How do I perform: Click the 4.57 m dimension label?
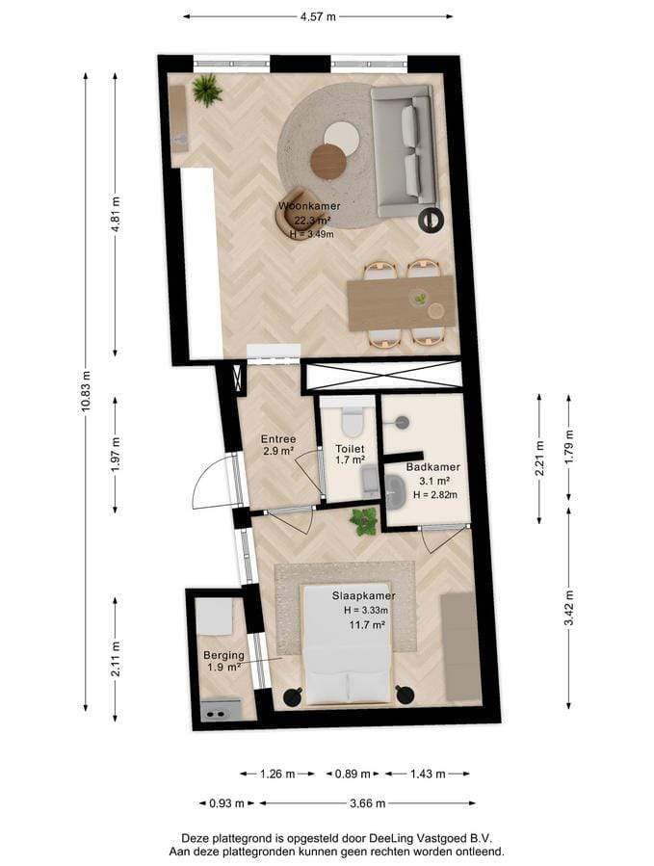(x=318, y=16)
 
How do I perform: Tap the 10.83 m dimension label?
(x=85, y=391)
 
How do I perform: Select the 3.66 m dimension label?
(x=367, y=803)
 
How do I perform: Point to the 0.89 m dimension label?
(x=353, y=774)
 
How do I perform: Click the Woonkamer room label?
(x=309, y=206)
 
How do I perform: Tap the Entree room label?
(x=278, y=439)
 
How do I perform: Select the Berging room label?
(x=223, y=655)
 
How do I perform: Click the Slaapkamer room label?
(x=363, y=596)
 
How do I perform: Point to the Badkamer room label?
(x=433, y=466)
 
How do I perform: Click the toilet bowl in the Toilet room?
(x=353, y=421)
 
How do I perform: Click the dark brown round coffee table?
(x=328, y=161)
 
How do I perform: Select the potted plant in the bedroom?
(x=363, y=521)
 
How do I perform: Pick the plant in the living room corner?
(x=207, y=90)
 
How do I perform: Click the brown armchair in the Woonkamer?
(x=296, y=214)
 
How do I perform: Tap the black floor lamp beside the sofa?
(x=431, y=220)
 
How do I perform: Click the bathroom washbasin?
(x=395, y=491)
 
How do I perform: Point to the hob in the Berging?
(x=220, y=709)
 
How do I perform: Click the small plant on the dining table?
(x=421, y=299)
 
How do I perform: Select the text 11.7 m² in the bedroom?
(x=367, y=625)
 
